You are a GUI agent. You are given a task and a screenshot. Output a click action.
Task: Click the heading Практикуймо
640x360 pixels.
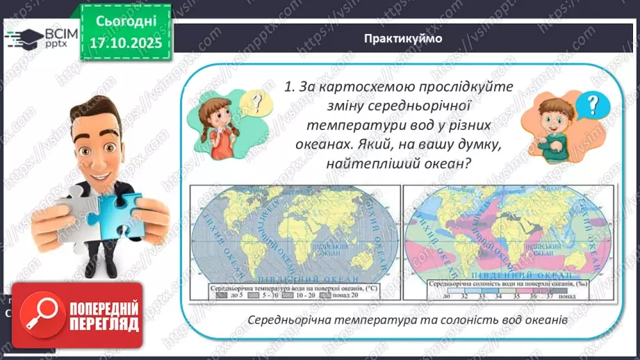402,38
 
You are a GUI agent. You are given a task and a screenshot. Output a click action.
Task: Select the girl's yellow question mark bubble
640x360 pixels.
258,104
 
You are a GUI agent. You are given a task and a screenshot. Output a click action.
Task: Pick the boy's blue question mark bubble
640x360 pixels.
591,106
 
